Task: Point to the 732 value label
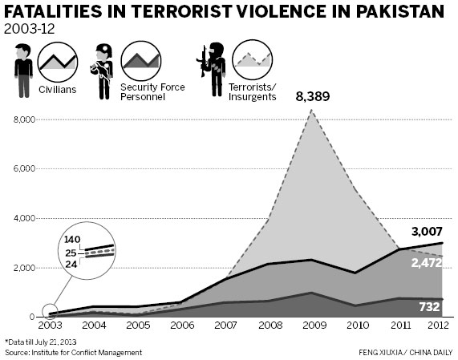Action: pyautogui.click(x=428, y=306)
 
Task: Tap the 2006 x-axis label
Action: pyautogui.click(x=182, y=326)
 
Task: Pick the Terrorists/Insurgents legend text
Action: pyautogui.click(x=253, y=91)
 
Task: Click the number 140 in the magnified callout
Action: pyautogui.click(x=74, y=239)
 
